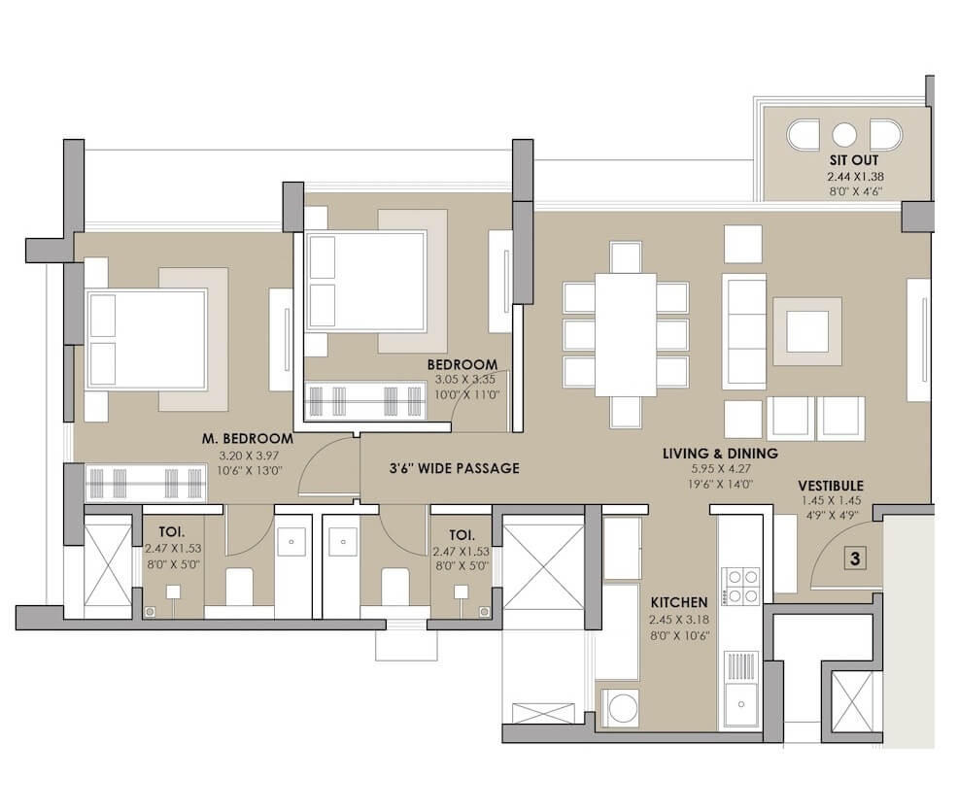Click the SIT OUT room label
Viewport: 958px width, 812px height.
[853, 160]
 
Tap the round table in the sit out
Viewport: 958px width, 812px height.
[843, 135]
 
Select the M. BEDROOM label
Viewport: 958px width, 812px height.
[248, 439]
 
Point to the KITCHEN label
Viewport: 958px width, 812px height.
[679, 602]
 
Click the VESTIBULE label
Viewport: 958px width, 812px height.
[831, 487]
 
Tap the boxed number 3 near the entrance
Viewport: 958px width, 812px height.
[855, 558]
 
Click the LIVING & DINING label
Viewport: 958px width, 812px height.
[720, 454]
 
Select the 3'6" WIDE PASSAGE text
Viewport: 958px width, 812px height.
[455, 468]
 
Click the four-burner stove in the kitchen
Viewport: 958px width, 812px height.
[741, 586]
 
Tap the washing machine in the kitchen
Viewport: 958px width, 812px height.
[620, 708]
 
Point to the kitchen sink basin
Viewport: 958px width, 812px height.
[741, 704]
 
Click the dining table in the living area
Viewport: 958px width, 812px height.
[626, 334]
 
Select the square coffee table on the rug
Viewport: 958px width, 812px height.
[807, 332]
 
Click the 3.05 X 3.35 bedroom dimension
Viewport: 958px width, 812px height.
[465, 380]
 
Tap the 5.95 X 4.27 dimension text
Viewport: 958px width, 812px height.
[720, 469]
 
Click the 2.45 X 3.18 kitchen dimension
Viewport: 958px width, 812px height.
[679, 620]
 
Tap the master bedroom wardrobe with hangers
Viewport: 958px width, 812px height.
[146, 484]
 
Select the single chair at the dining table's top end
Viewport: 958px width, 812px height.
[626, 257]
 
